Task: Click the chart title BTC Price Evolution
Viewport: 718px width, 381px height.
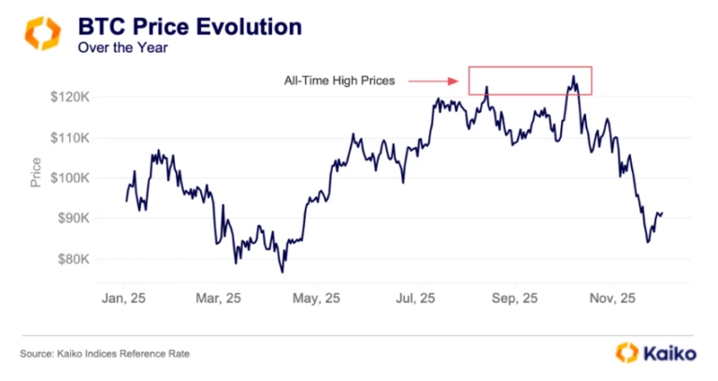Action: [189, 26]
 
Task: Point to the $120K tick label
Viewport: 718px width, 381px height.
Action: [70, 97]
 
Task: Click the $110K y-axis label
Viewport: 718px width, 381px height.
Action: [70, 138]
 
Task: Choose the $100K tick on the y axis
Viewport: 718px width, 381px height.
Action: [70, 178]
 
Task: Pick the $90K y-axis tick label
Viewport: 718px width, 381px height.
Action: [72, 218]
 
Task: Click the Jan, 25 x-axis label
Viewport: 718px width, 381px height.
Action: [124, 299]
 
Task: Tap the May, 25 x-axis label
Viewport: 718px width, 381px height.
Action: [319, 299]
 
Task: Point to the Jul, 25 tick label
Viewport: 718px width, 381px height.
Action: [416, 299]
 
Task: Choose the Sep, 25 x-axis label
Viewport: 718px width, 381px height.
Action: [515, 299]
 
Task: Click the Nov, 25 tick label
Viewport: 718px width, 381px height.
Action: [613, 299]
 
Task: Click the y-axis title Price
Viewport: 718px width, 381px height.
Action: [36, 171]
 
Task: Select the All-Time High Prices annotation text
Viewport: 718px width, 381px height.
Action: [339, 81]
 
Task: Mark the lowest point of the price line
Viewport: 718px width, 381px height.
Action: [281, 271]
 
